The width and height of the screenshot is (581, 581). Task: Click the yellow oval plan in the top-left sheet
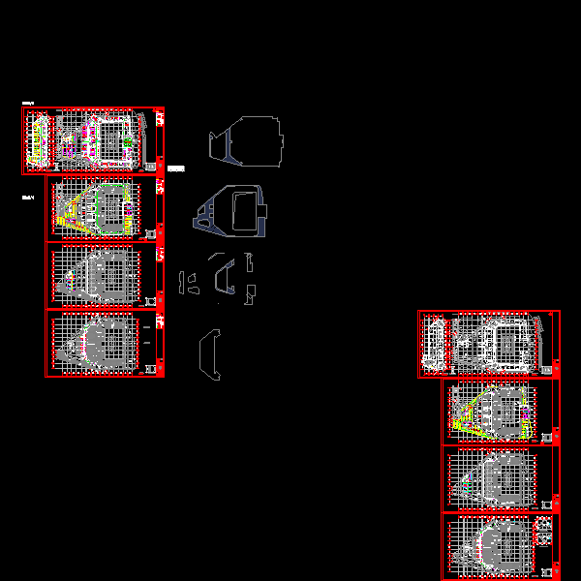point(39,139)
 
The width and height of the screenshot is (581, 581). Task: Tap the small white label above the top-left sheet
point(28,103)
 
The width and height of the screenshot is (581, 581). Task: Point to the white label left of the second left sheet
point(28,199)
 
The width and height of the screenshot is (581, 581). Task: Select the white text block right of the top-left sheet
point(175,168)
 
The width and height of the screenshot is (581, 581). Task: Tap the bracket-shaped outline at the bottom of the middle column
point(209,354)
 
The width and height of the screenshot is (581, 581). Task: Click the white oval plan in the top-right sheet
point(435,344)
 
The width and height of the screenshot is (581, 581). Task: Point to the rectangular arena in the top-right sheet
point(509,344)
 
